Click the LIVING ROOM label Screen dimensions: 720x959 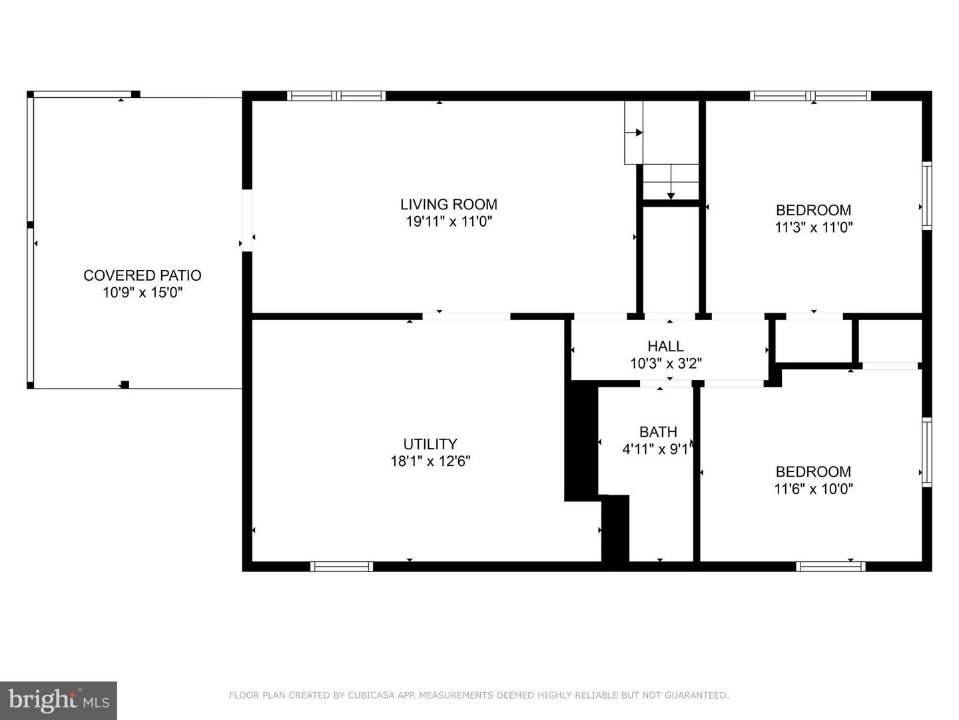click(448, 205)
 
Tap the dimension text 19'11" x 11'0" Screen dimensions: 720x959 click(448, 221)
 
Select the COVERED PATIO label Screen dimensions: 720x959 click(142, 275)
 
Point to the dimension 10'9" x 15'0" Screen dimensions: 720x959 click(142, 293)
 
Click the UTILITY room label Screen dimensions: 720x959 click(430, 444)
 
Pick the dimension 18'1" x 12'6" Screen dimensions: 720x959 click(430, 461)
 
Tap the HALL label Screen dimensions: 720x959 click(665, 346)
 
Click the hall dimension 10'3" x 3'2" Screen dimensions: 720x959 click(665, 363)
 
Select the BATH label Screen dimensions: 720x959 click(658, 432)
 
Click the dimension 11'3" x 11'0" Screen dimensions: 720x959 click(813, 227)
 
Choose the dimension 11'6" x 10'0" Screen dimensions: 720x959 click(813, 489)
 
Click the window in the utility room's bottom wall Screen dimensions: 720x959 click(342, 567)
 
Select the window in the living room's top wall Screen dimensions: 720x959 click(336, 96)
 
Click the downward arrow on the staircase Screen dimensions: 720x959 click(671, 195)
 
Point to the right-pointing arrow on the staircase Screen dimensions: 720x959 click(638, 133)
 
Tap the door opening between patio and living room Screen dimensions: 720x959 click(247, 220)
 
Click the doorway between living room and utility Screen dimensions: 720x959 click(466, 316)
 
